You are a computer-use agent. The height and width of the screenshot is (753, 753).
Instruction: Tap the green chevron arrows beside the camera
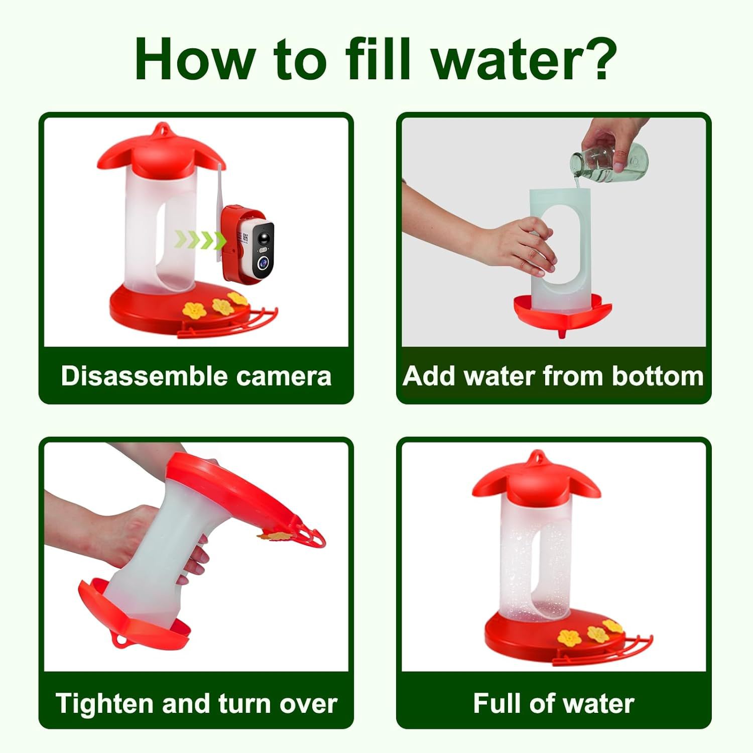tap(200, 239)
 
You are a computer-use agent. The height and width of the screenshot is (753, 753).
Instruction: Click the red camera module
tap(249, 243)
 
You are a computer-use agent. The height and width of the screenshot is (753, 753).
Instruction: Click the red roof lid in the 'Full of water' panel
tap(537, 479)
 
